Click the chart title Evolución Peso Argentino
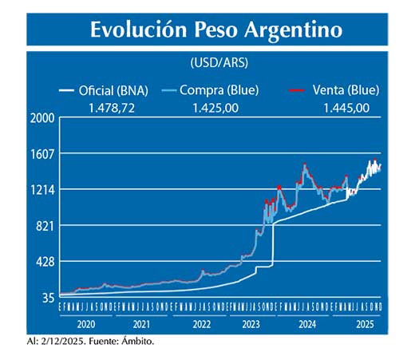216,30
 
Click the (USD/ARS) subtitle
216,62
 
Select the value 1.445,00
346,108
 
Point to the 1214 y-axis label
41,190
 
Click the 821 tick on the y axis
45,226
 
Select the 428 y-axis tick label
45,262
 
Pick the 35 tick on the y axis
47,298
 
